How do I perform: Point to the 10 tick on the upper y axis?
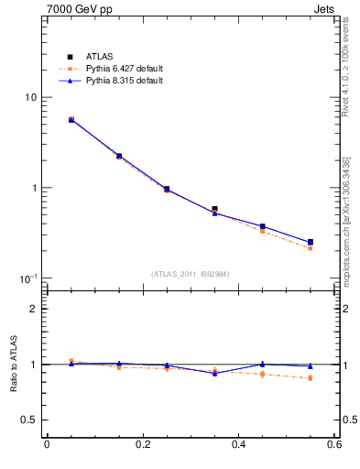[x=29, y=98]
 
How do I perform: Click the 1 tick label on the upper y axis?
[x=32, y=189]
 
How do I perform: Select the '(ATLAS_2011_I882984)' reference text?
[x=190, y=274]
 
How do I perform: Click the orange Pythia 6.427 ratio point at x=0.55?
[x=311, y=378]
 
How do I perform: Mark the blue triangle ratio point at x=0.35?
[x=214, y=373]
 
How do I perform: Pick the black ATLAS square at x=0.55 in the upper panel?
[x=311, y=242]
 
